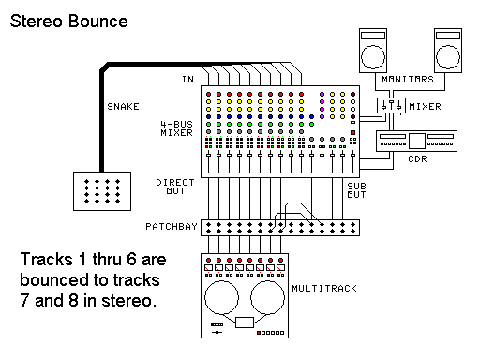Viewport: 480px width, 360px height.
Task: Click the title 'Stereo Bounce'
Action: point(68,20)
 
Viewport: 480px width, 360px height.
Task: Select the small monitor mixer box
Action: point(390,107)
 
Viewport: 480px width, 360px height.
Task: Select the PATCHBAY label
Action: point(169,227)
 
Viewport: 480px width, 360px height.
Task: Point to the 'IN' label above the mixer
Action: point(187,79)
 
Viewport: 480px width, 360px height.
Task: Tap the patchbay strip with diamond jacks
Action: point(281,227)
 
